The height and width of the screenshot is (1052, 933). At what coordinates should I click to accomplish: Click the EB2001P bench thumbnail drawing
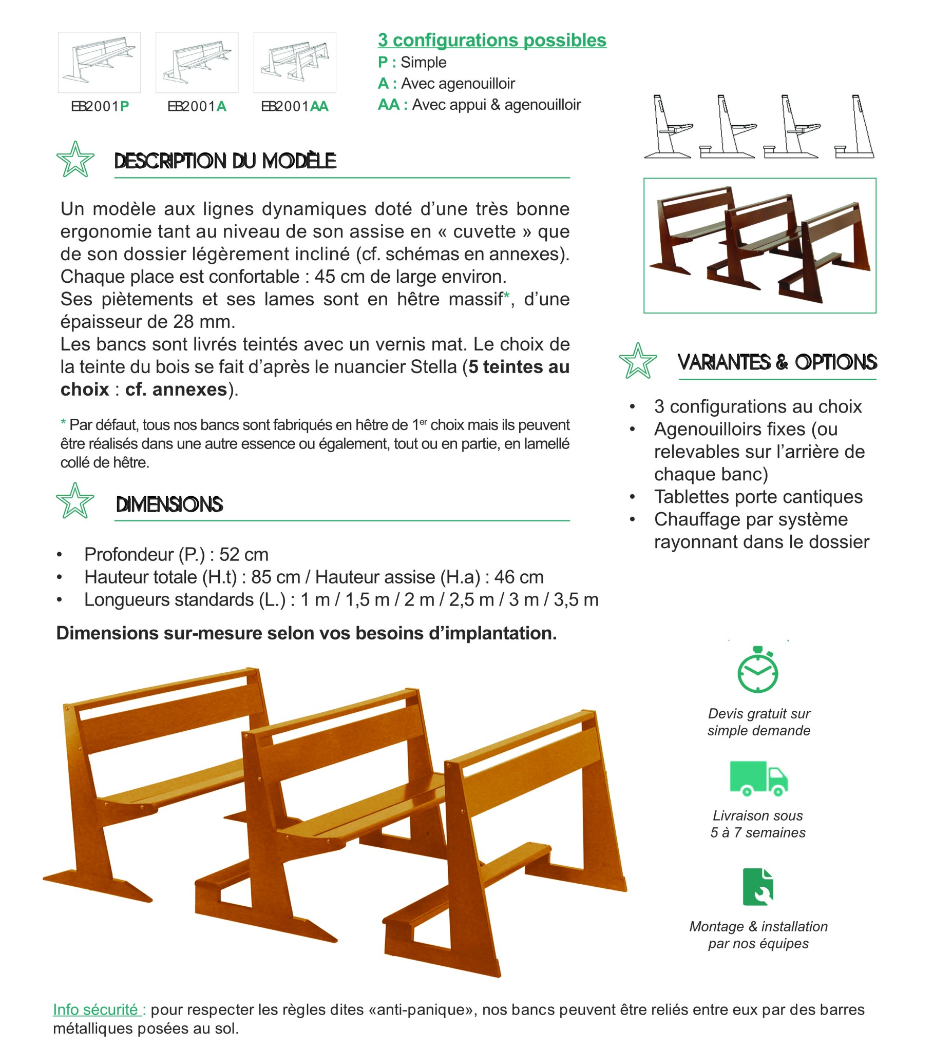click(100, 62)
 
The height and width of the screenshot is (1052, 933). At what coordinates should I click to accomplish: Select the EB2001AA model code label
click(295, 107)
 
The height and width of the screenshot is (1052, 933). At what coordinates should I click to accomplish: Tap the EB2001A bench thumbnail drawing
click(197, 62)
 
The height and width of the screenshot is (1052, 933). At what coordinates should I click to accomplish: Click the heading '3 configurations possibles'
click(492, 40)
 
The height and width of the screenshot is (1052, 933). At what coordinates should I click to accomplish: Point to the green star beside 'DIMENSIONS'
click(75, 500)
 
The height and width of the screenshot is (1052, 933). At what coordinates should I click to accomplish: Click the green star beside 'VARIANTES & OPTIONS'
click(638, 361)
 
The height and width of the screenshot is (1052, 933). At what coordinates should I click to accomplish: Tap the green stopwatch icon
click(758, 670)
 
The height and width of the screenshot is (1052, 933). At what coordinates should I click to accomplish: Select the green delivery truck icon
click(758, 778)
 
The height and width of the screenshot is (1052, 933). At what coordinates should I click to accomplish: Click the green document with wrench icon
click(758, 886)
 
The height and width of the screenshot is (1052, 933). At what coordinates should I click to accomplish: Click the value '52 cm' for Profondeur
click(243, 554)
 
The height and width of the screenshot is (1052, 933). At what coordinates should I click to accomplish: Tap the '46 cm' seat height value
click(519, 577)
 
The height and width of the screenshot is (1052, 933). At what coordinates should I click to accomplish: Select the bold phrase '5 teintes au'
click(519, 367)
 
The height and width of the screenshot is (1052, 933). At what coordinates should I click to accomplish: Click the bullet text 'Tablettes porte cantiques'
click(758, 497)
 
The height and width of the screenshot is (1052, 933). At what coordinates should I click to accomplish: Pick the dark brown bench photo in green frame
click(759, 245)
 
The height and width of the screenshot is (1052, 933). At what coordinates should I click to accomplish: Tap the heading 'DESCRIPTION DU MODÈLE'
click(225, 161)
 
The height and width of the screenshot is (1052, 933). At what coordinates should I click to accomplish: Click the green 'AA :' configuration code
click(392, 105)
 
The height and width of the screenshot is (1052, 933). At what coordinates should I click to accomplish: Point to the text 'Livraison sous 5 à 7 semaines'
click(758, 824)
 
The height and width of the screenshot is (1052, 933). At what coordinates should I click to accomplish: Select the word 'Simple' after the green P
click(423, 62)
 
